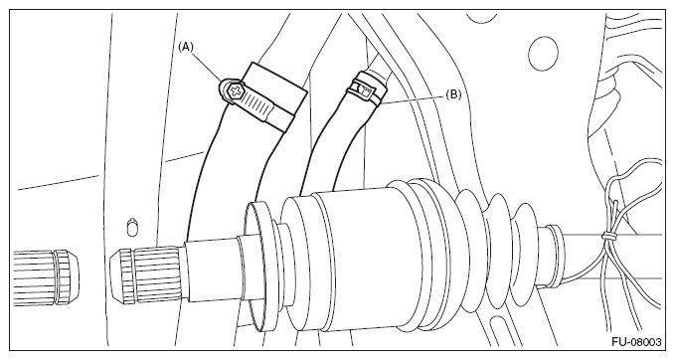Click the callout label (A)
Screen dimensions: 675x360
pos(186,47)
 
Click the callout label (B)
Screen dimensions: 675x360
pos(453,93)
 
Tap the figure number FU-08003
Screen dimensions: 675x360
pos(636,342)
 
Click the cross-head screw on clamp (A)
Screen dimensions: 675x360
pos(236,90)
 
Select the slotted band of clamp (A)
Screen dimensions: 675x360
pos(254,103)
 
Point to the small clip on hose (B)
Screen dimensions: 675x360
pos(364,89)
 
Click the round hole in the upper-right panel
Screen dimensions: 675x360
pos(543,54)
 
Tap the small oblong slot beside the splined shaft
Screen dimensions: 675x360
pos(133,227)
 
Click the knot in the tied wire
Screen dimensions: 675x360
pos(607,236)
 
